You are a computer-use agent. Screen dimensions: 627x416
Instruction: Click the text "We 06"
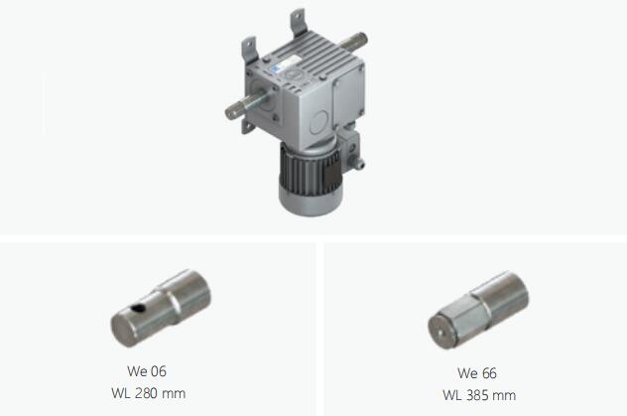pos(147,371)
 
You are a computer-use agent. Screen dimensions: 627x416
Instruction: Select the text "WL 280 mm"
pos(149,393)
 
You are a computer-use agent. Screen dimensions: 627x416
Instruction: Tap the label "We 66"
pos(477,373)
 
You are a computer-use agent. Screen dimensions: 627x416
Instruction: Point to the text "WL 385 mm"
pos(479,395)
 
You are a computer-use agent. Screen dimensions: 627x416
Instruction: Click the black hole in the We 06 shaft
pos(138,308)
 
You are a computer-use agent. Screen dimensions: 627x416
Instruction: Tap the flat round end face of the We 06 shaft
pos(124,331)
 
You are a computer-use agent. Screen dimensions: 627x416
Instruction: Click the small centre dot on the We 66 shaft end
pos(439,332)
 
